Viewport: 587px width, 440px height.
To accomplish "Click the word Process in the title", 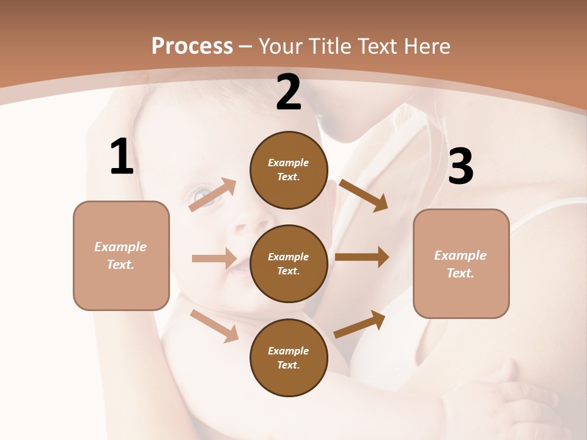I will pyautogui.click(x=192, y=46).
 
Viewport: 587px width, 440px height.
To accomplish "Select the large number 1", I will pyautogui.click(x=122, y=157).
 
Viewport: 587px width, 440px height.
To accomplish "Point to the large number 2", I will pyautogui.click(x=289, y=92).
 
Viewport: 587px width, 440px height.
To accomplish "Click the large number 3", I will pyautogui.click(x=460, y=167).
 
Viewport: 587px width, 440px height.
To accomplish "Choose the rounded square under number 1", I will pyautogui.click(x=121, y=255).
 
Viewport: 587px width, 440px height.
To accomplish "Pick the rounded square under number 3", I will pyautogui.click(x=461, y=264).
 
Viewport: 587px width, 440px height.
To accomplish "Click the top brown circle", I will pyautogui.click(x=289, y=170).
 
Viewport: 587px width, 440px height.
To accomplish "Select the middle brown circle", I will pyautogui.click(x=289, y=263).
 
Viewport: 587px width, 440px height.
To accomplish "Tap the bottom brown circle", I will pyautogui.click(x=289, y=358).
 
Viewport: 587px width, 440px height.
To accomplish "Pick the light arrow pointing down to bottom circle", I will pyautogui.click(x=214, y=325).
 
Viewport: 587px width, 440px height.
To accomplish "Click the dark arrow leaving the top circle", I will pyautogui.click(x=363, y=195).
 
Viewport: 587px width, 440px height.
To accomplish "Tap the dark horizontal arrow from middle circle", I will pyautogui.click(x=362, y=257).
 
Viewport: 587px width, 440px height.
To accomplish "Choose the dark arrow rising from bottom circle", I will pyautogui.click(x=360, y=324).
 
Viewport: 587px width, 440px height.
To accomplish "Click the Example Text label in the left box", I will pyautogui.click(x=121, y=255).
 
